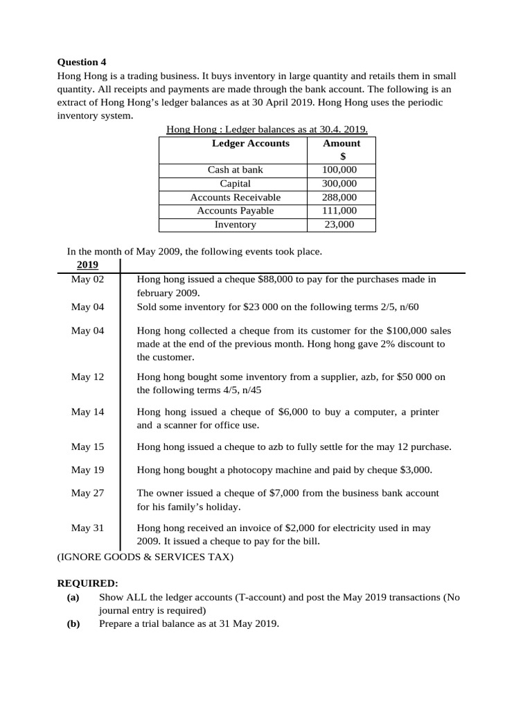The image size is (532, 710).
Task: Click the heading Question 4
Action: (82, 62)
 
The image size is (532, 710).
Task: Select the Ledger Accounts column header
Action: (250, 144)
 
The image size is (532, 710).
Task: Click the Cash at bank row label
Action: (235, 170)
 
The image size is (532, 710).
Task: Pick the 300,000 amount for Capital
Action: (339, 184)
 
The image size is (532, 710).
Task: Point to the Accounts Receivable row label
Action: (235, 198)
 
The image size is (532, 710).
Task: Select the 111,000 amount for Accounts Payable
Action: (339, 211)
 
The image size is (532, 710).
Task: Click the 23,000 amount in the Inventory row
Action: (339, 225)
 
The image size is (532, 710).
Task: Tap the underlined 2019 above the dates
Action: (87, 265)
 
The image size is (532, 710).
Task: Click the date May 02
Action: (87, 279)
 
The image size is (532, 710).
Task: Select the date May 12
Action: (87, 377)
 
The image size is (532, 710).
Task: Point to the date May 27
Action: (87, 493)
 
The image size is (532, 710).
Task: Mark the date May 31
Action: (87, 528)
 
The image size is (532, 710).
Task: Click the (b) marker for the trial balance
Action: (73, 624)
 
